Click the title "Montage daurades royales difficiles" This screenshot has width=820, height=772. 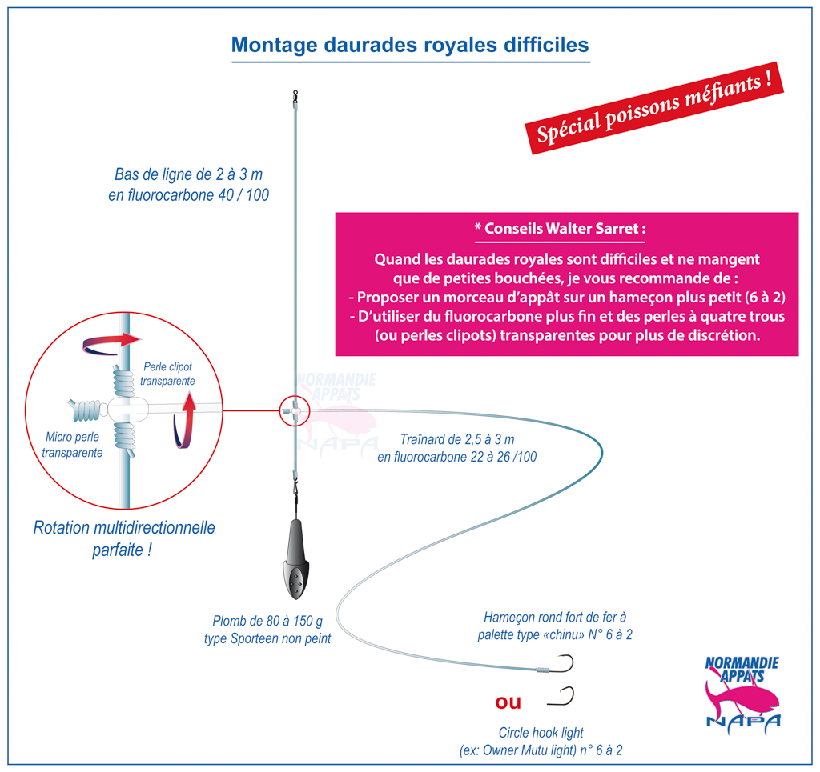coord(410,45)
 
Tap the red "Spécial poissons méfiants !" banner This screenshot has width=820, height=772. coord(653,108)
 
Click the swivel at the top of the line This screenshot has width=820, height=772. coord(295,95)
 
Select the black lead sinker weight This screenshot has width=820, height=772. coord(296,559)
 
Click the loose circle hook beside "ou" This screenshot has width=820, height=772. coord(562,697)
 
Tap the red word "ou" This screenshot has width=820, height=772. coord(508,702)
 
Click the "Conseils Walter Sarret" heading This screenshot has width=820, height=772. coord(560,229)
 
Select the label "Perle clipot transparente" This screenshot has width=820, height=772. coord(167,374)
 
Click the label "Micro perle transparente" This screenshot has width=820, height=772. coord(72,445)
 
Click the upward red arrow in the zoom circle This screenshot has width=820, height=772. coord(185,421)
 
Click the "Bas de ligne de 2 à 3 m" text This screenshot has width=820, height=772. coord(188,174)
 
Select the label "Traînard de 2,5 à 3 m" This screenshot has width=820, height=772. coord(457,439)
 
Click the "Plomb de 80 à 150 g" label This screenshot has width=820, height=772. coord(267,621)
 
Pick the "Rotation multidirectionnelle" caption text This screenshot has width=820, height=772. coord(124,527)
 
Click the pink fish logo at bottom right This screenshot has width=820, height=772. coord(742,695)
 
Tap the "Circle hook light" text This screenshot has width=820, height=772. coord(541,733)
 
